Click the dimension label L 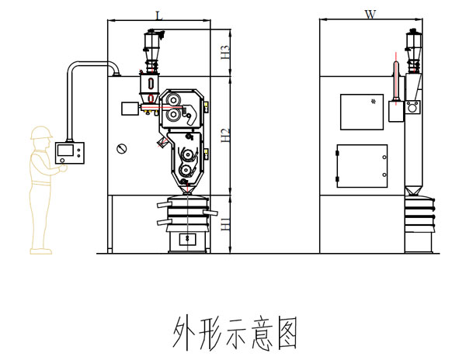(x=158, y=15)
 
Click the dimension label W (x=370, y=15)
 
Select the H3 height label (x=225, y=53)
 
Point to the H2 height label (x=225, y=136)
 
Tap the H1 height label (x=225, y=224)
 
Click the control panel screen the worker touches (x=68, y=151)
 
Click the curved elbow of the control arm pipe (x=74, y=67)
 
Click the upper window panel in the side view (x=361, y=111)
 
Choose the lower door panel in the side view (x=360, y=165)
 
